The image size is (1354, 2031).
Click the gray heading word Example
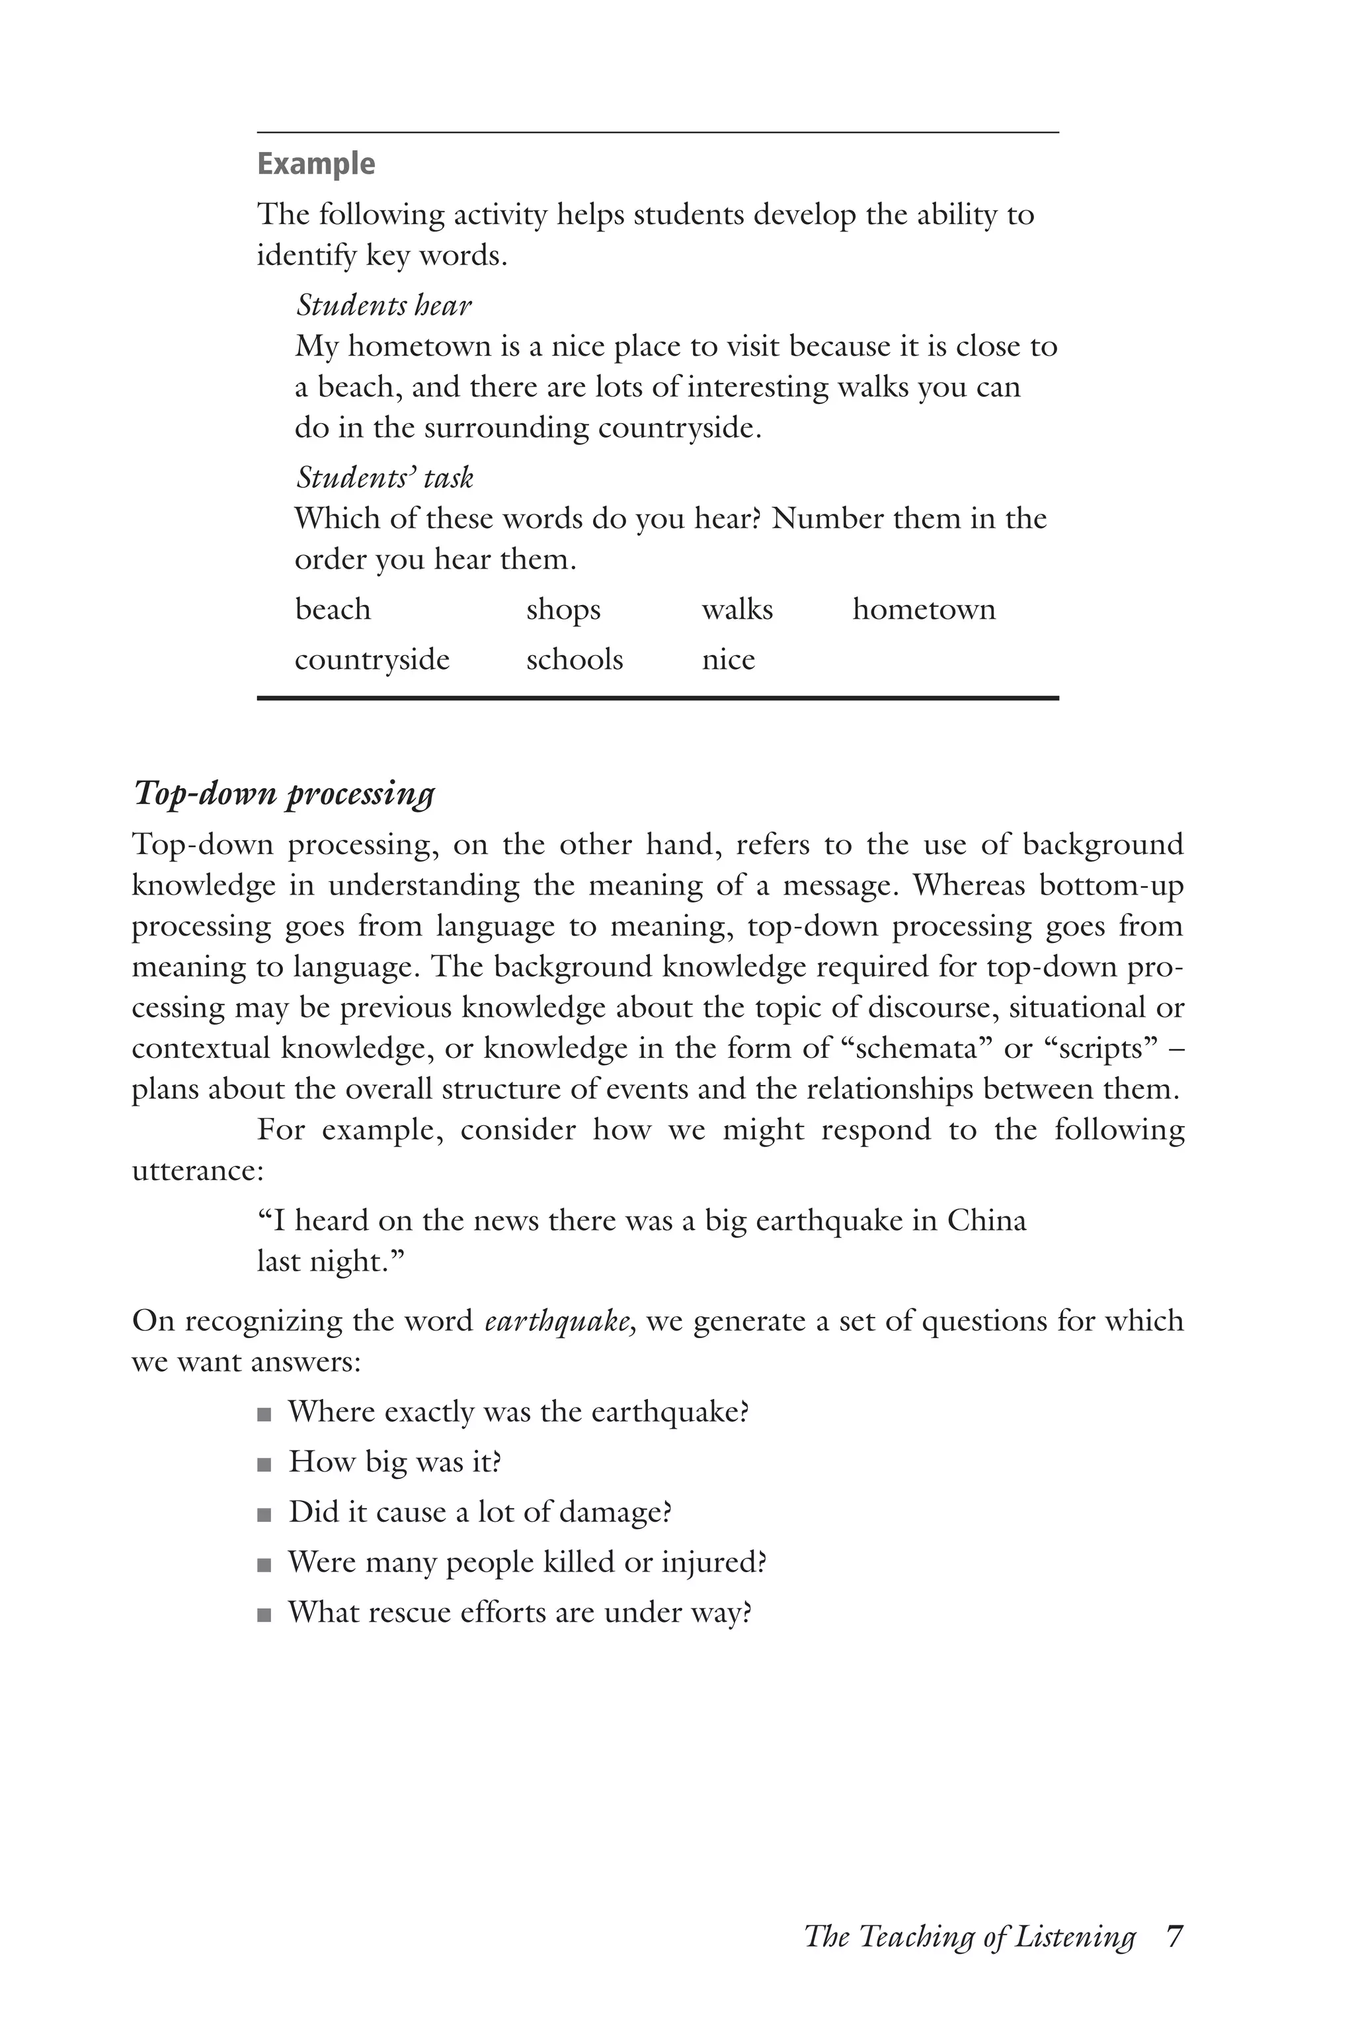click(316, 164)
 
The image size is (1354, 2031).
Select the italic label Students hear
click(384, 305)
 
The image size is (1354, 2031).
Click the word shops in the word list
click(563, 610)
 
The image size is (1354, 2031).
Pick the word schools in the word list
click(575, 660)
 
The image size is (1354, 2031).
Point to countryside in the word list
click(372, 660)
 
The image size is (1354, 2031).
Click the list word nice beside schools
click(728, 660)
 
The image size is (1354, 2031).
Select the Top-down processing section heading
click(283, 793)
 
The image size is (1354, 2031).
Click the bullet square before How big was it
click(264, 1465)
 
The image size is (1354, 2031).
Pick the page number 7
click(1174, 1937)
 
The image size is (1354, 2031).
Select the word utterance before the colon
click(196, 1171)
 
